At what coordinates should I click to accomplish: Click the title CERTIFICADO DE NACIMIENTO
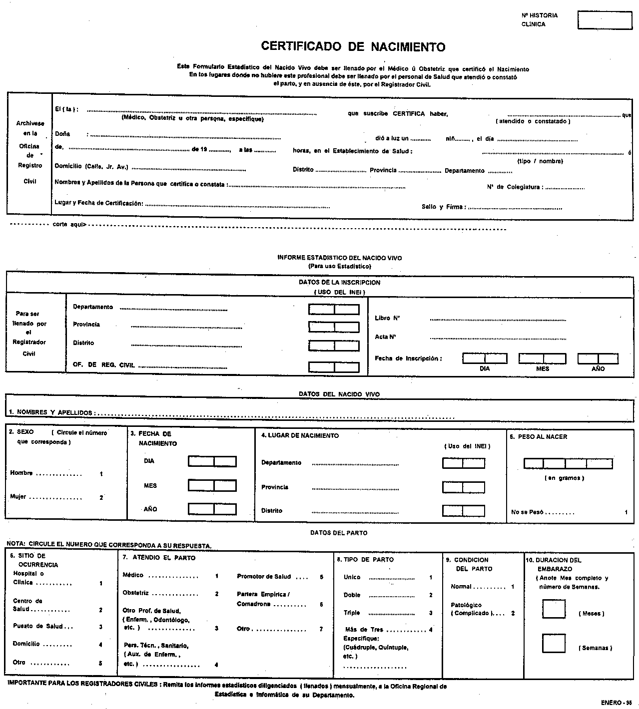click(x=353, y=47)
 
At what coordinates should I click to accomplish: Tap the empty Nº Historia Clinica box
click(x=605, y=20)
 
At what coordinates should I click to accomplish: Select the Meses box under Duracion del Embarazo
click(x=554, y=609)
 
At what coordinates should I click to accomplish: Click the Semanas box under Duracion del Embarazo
click(x=554, y=643)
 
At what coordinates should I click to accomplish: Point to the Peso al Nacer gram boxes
click(x=568, y=464)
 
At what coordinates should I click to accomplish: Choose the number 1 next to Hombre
click(x=101, y=474)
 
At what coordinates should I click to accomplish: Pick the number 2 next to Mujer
click(x=101, y=497)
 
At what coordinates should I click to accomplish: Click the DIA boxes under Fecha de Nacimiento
click(x=212, y=461)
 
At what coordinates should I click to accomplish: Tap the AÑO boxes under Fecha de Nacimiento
click(x=212, y=509)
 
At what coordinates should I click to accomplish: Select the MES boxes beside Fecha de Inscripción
click(x=542, y=358)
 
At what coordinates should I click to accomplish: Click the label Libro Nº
click(x=387, y=318)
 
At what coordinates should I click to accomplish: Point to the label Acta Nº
click(x=385, y=337)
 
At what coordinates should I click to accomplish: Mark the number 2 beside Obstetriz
click(x=217, y=594)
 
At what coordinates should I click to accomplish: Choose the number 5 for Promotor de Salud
click(x=321, y=577)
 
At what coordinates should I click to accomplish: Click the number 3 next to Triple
click(x=431, y=613)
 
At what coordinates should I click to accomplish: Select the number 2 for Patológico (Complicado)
click(x=513, y=613)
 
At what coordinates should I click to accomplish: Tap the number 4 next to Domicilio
click(x=100, y=645)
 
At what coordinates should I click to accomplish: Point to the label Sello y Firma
click(x=444, y=207)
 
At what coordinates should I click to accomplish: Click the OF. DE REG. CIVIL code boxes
click(x=334, y=367)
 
